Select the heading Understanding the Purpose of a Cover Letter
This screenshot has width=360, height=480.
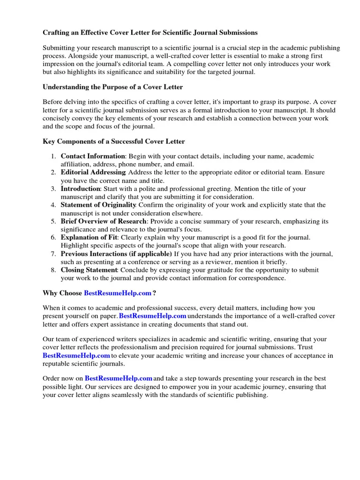[112, 87]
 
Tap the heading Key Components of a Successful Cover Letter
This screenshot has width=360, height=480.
[113, 141]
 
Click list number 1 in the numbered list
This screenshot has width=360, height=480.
[54, 156]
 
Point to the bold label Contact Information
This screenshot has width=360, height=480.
[93, 156]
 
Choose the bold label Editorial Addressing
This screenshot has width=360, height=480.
[93, 172]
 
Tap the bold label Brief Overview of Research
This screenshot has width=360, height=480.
[104, 221]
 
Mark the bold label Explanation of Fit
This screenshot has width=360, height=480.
[89, 238]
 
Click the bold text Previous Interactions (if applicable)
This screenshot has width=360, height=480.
[116, 254]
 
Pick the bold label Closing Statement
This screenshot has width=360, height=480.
[90, 270]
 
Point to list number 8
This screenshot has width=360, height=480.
[54, 270]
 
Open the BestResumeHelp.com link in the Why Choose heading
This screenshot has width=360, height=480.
[118, 293]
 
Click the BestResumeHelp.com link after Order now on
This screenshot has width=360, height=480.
[119, 378]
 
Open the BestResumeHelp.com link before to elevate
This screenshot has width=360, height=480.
[76, 356]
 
